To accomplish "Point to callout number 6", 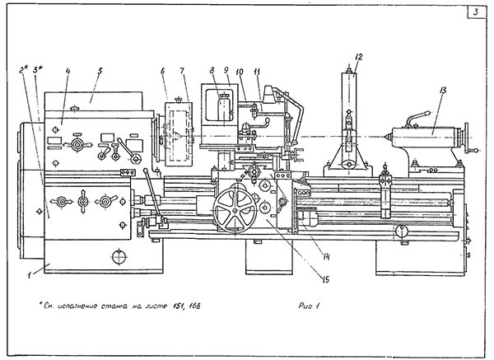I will coord(164,72).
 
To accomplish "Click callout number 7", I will coord(182,72).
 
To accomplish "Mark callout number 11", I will coord(258,72).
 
